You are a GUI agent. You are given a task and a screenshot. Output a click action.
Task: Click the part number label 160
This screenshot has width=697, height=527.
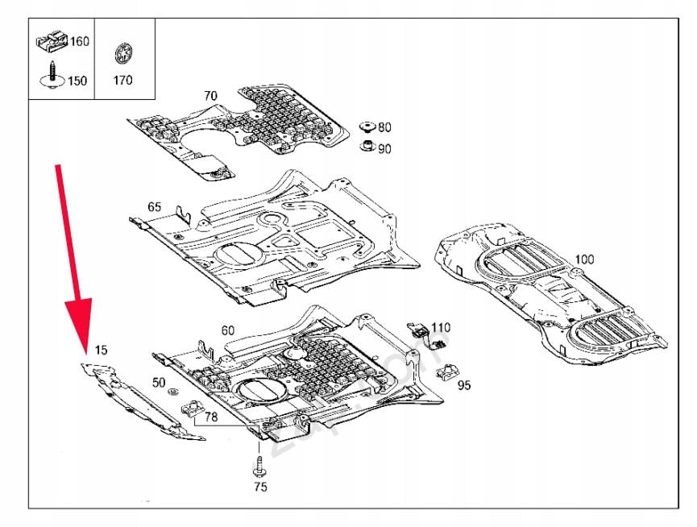tap(79, 42)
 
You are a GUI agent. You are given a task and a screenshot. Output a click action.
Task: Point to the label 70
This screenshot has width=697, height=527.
tap(210, 96)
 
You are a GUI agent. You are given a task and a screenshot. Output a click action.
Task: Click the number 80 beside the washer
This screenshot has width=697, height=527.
tap(384, 127)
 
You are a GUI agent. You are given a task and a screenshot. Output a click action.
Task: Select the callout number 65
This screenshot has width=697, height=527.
tap(154, 207)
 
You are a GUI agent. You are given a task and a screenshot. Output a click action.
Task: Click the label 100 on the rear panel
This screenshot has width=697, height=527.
tap(585, 259)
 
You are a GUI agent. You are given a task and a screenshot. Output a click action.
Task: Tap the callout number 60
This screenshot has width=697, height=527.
tap(228, 330)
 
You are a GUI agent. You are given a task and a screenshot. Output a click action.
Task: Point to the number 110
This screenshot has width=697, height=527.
tap(441, 327)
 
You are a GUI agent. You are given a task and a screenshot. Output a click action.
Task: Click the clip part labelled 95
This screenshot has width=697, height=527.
tap(446, 373)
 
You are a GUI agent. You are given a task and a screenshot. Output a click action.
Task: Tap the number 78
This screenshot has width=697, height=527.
tap(210, 417)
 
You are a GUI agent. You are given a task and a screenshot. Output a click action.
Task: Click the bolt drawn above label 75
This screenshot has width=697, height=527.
tap(260, 466)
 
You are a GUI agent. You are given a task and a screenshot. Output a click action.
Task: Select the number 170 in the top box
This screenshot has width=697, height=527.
tap(123, 81)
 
